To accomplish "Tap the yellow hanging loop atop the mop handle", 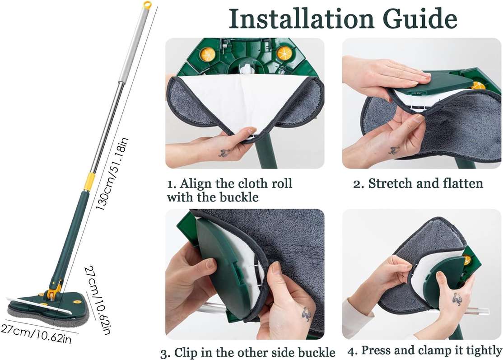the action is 147,5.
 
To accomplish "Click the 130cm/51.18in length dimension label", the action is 112,173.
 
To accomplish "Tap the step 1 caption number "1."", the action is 172,184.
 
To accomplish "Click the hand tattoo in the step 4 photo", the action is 457,299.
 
